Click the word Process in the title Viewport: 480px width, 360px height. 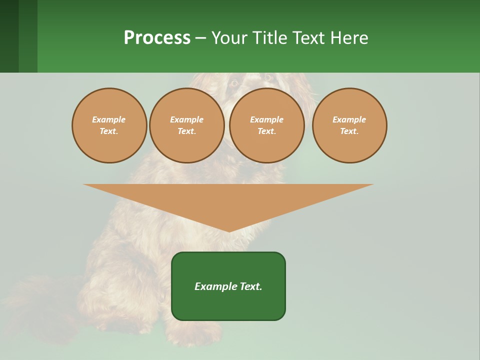point(157,38)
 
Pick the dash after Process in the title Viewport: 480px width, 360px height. point(200,38)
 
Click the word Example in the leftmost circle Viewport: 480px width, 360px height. point(109,119)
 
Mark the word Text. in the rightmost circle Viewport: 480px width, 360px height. point(349,131)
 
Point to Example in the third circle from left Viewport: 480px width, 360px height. point(267,119)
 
